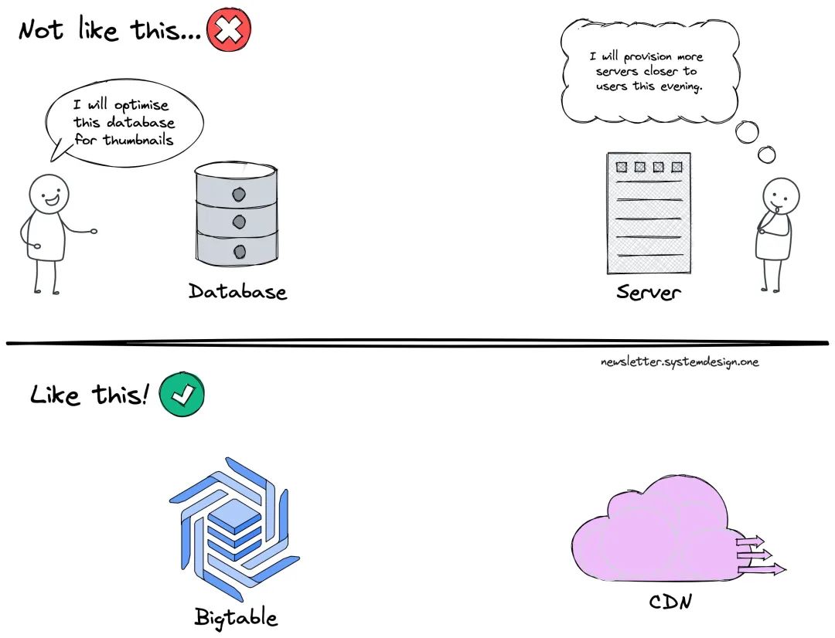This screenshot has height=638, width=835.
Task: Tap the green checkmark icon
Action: coord(182,395)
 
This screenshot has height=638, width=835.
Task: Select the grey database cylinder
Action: coord(236,212)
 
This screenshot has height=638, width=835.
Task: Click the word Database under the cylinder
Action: coord(237,291)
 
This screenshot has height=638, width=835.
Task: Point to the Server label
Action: coord(649,293)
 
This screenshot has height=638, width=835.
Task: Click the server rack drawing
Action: coord(648,213)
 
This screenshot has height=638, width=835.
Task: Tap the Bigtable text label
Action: coord(236,617)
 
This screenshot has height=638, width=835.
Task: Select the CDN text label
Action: coord(669,600)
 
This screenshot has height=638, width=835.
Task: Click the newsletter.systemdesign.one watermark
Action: coord(680,361)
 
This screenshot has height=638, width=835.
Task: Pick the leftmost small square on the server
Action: coord(621,167)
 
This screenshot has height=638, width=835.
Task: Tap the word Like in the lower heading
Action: coord(54,396)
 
